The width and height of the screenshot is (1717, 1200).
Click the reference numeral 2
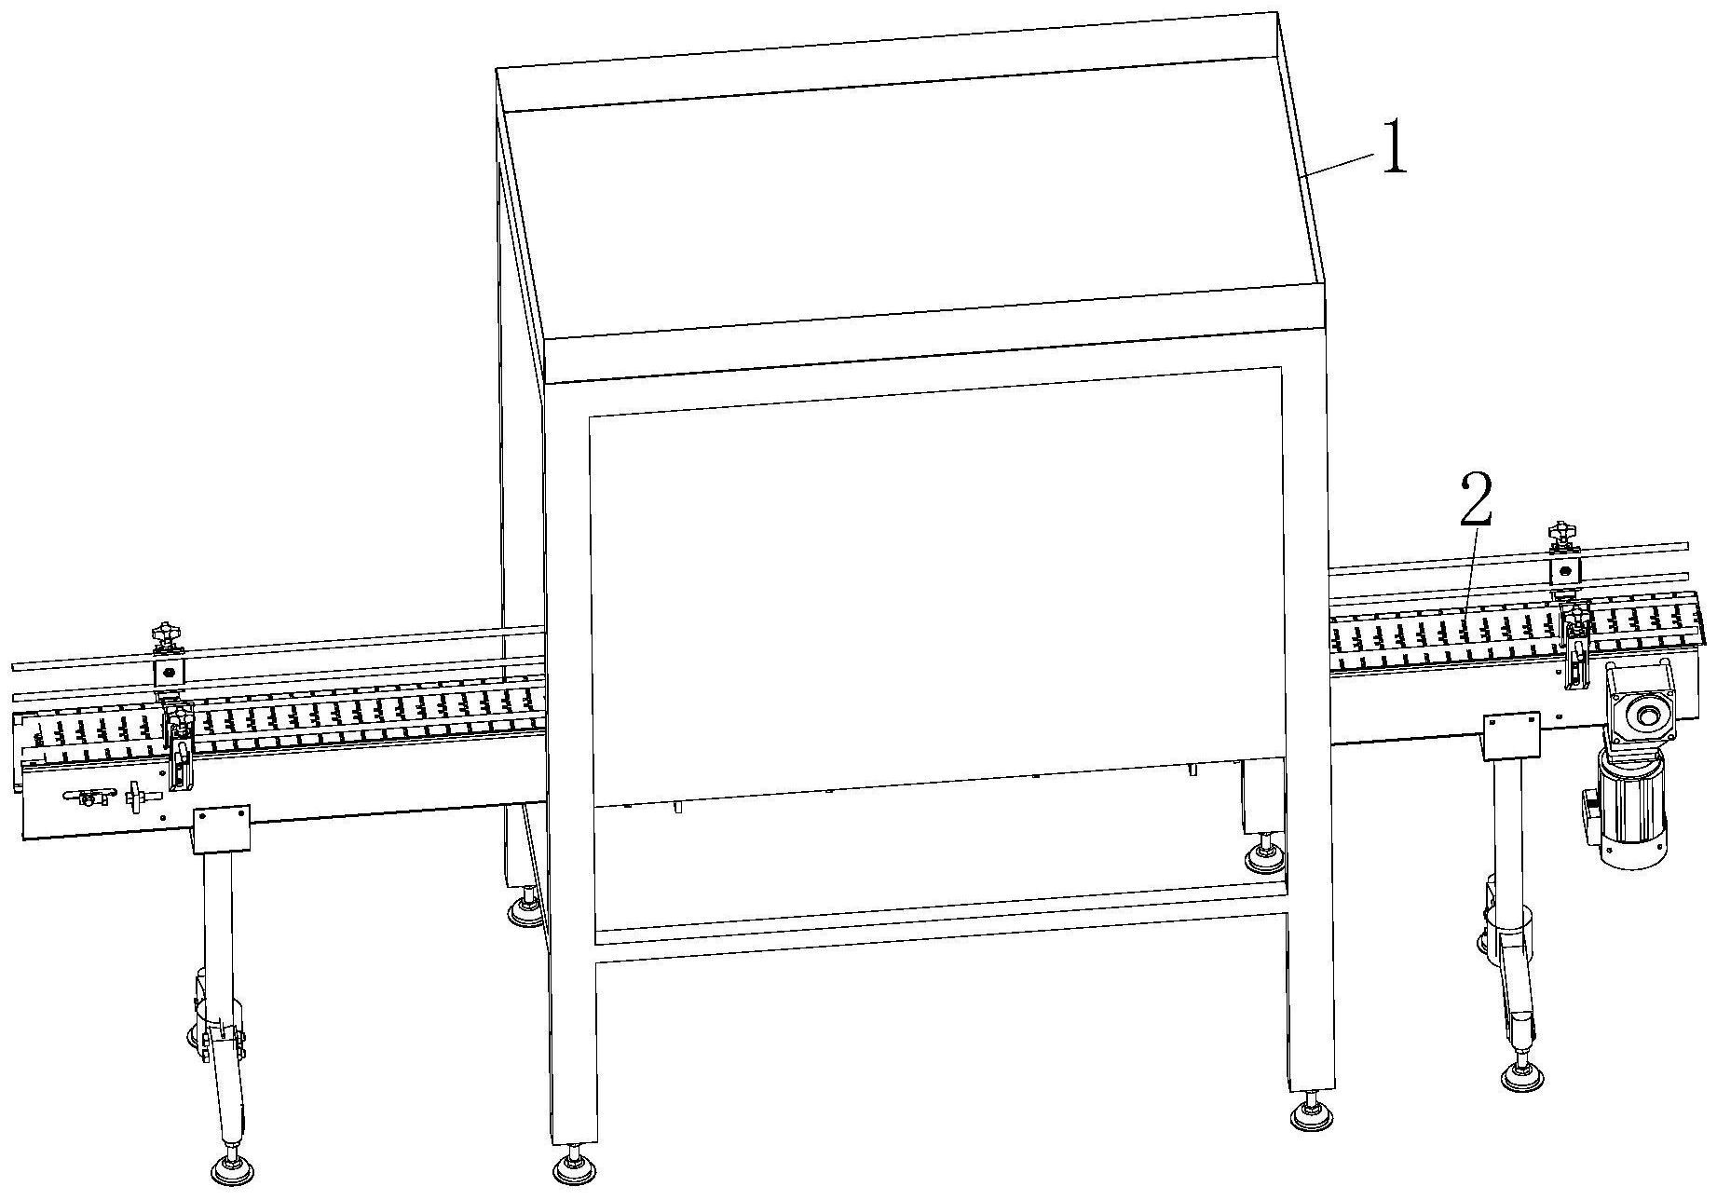coord(1477,501)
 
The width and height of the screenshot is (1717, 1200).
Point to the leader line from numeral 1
coord(1339,165)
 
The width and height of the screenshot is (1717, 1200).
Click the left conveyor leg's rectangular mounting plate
coord(222,831)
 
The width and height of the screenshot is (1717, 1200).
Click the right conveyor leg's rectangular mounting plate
coord(1511,736)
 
